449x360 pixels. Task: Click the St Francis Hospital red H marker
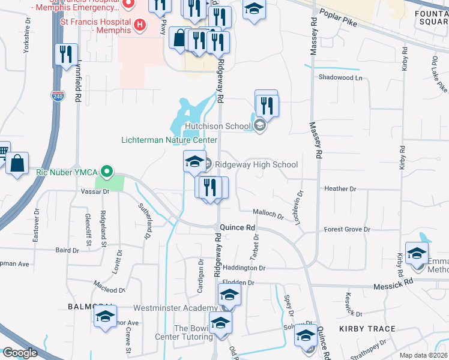(139, 25)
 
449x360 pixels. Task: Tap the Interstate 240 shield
(58, 96)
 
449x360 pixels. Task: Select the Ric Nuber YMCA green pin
(107, 172)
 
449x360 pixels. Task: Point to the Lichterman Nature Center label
(169, 140)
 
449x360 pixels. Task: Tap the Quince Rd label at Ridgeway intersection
(238, 228)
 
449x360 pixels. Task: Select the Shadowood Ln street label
(341, 77)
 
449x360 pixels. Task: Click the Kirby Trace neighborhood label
(367, 329)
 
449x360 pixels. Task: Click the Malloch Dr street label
(268, 213)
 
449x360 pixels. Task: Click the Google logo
(20, 353)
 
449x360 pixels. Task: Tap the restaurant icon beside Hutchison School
(266, 106)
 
